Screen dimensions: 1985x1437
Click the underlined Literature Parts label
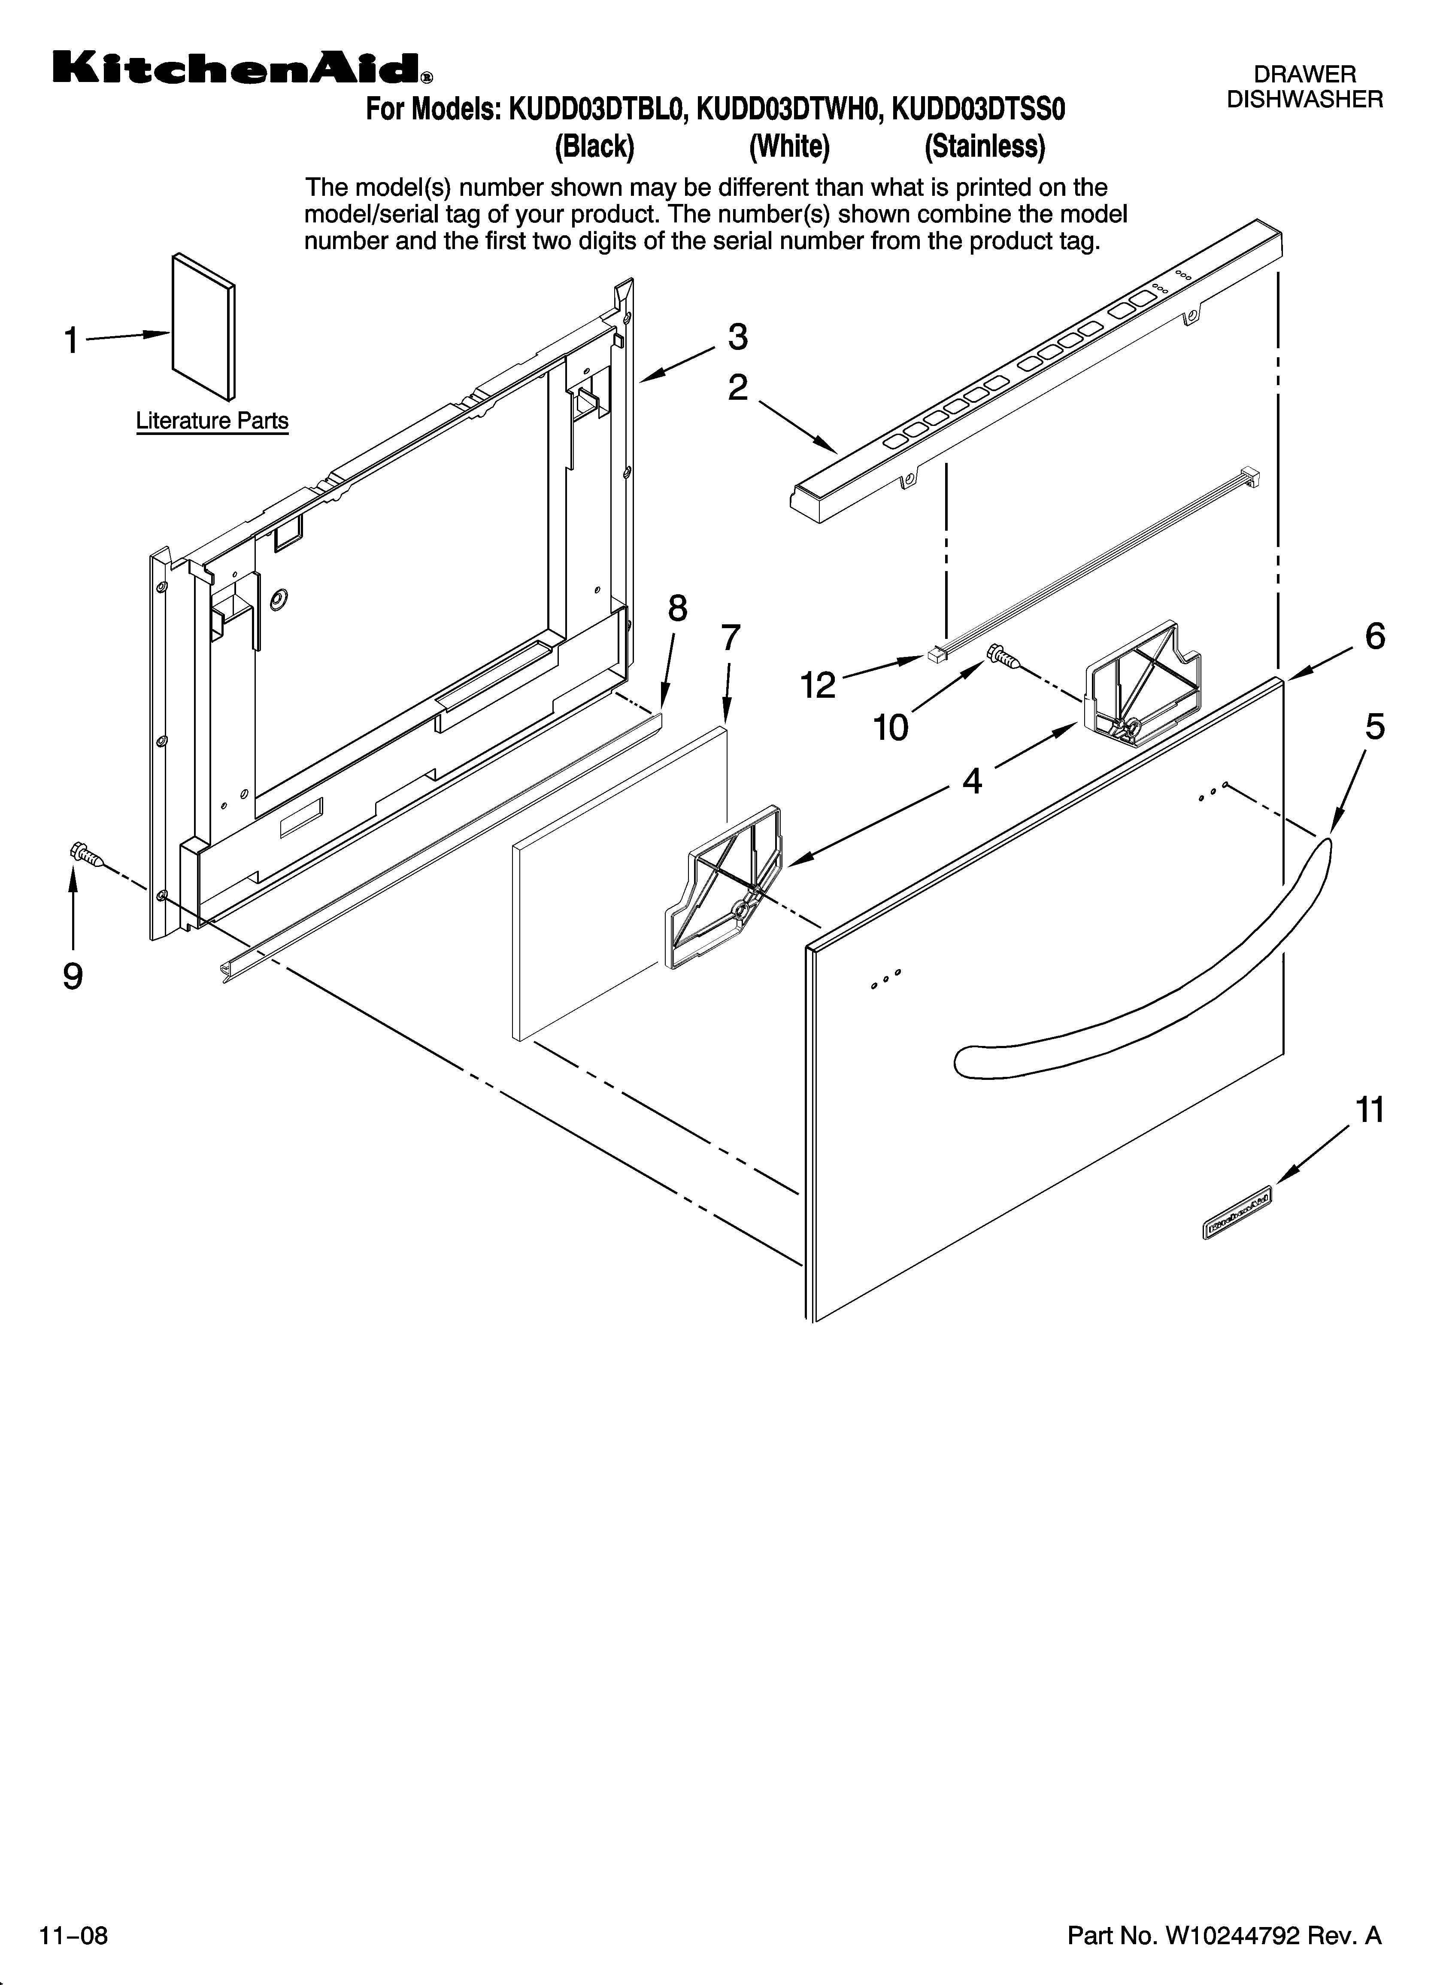(x=212, y=421)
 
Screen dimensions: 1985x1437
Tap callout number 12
(x=818, y=685)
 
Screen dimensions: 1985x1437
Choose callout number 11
(x=1370, y=1110)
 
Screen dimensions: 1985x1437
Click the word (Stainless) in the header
(x=985, y=146)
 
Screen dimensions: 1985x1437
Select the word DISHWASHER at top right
(x=1304, y=100)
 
